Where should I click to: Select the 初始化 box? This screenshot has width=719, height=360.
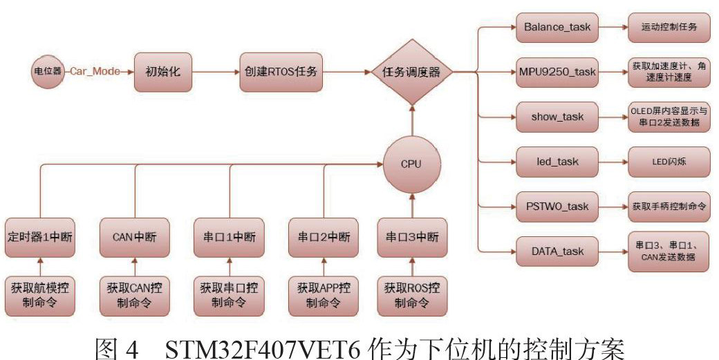coord(162,71)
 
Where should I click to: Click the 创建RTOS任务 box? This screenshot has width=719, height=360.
coord(281,71)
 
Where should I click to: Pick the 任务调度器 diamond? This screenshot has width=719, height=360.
coord(411,71)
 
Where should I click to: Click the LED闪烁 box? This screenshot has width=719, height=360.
coord(669,161)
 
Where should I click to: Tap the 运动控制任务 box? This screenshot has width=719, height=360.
coord(669,28)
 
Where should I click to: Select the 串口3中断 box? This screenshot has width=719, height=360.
coord(412,237)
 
